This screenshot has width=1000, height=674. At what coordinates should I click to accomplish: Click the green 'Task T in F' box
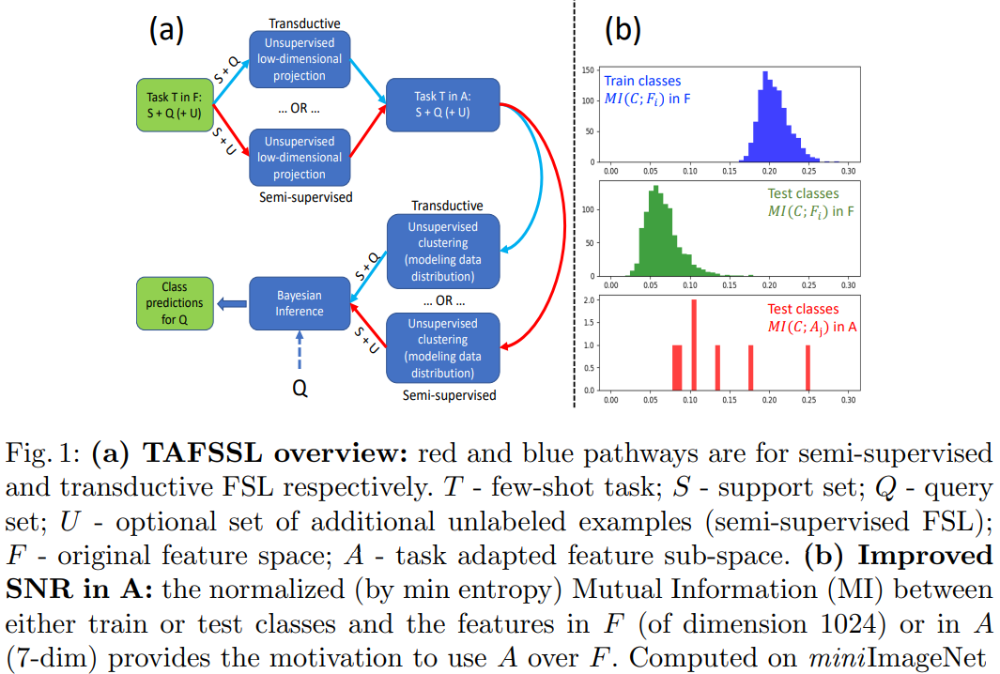coord(176,104)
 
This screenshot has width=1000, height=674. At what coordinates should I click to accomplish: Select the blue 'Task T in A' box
coord(442,104)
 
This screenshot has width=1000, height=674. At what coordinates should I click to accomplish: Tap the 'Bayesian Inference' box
coord(300,303)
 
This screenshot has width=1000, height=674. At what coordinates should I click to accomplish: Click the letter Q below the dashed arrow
coord(300,387)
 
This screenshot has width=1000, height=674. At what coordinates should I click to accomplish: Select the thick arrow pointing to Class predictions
coord(231,303)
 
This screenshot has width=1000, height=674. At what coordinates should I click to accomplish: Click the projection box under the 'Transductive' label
coord(300,60)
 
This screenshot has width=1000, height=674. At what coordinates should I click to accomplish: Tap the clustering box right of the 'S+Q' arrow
coord(442,251)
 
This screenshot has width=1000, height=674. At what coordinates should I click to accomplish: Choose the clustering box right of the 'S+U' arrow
coord(442,348)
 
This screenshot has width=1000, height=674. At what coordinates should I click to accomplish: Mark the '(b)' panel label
coord(622,30)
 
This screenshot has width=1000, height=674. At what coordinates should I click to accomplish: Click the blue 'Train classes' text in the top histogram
coord(642,82)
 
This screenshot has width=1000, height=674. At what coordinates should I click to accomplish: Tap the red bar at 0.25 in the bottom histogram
coord(808,367)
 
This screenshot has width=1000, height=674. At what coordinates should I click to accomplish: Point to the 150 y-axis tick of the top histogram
coord(586,70)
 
